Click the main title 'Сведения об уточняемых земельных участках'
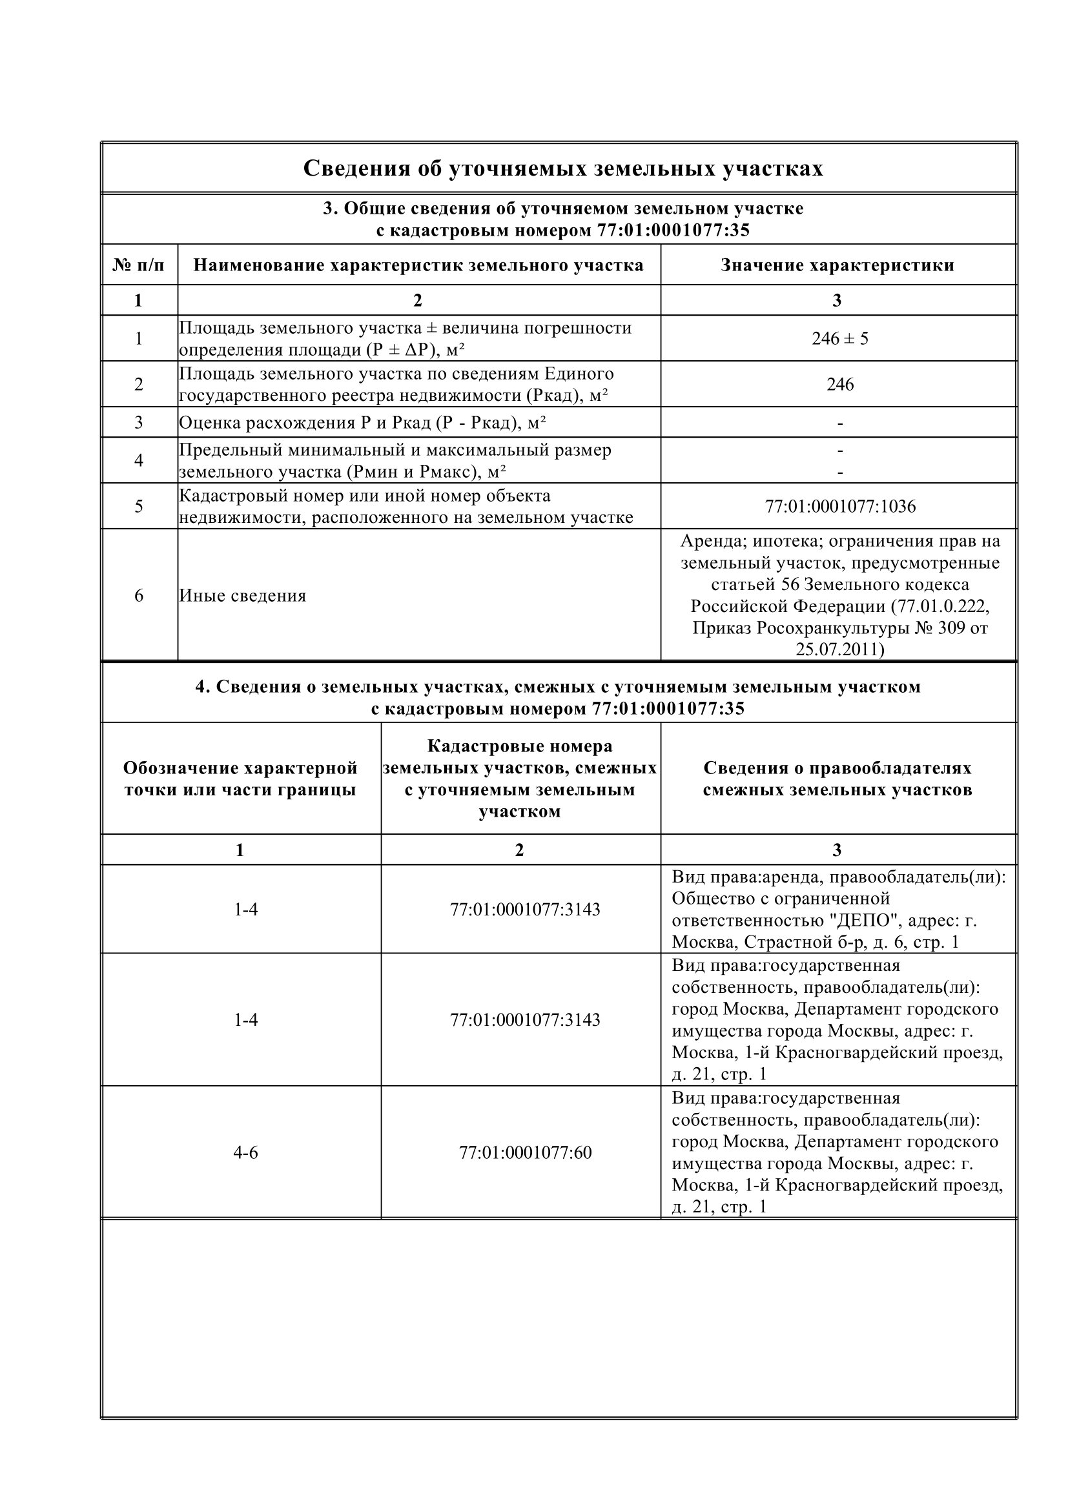tap(563, 168)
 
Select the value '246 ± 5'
tap(840, 339)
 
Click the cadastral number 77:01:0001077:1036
tap(840, 506)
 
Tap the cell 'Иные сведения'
tap(243, 596)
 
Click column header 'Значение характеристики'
tap(837, 265)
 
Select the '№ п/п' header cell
tap(139, 265)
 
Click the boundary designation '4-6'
tap(245, 1152)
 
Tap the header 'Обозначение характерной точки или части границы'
tap(240, 779)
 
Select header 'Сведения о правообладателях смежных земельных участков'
tap(837, 779)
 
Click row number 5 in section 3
tap(139, 506)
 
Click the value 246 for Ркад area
tap(840, 384)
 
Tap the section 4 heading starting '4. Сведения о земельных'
tap(558, 687)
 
